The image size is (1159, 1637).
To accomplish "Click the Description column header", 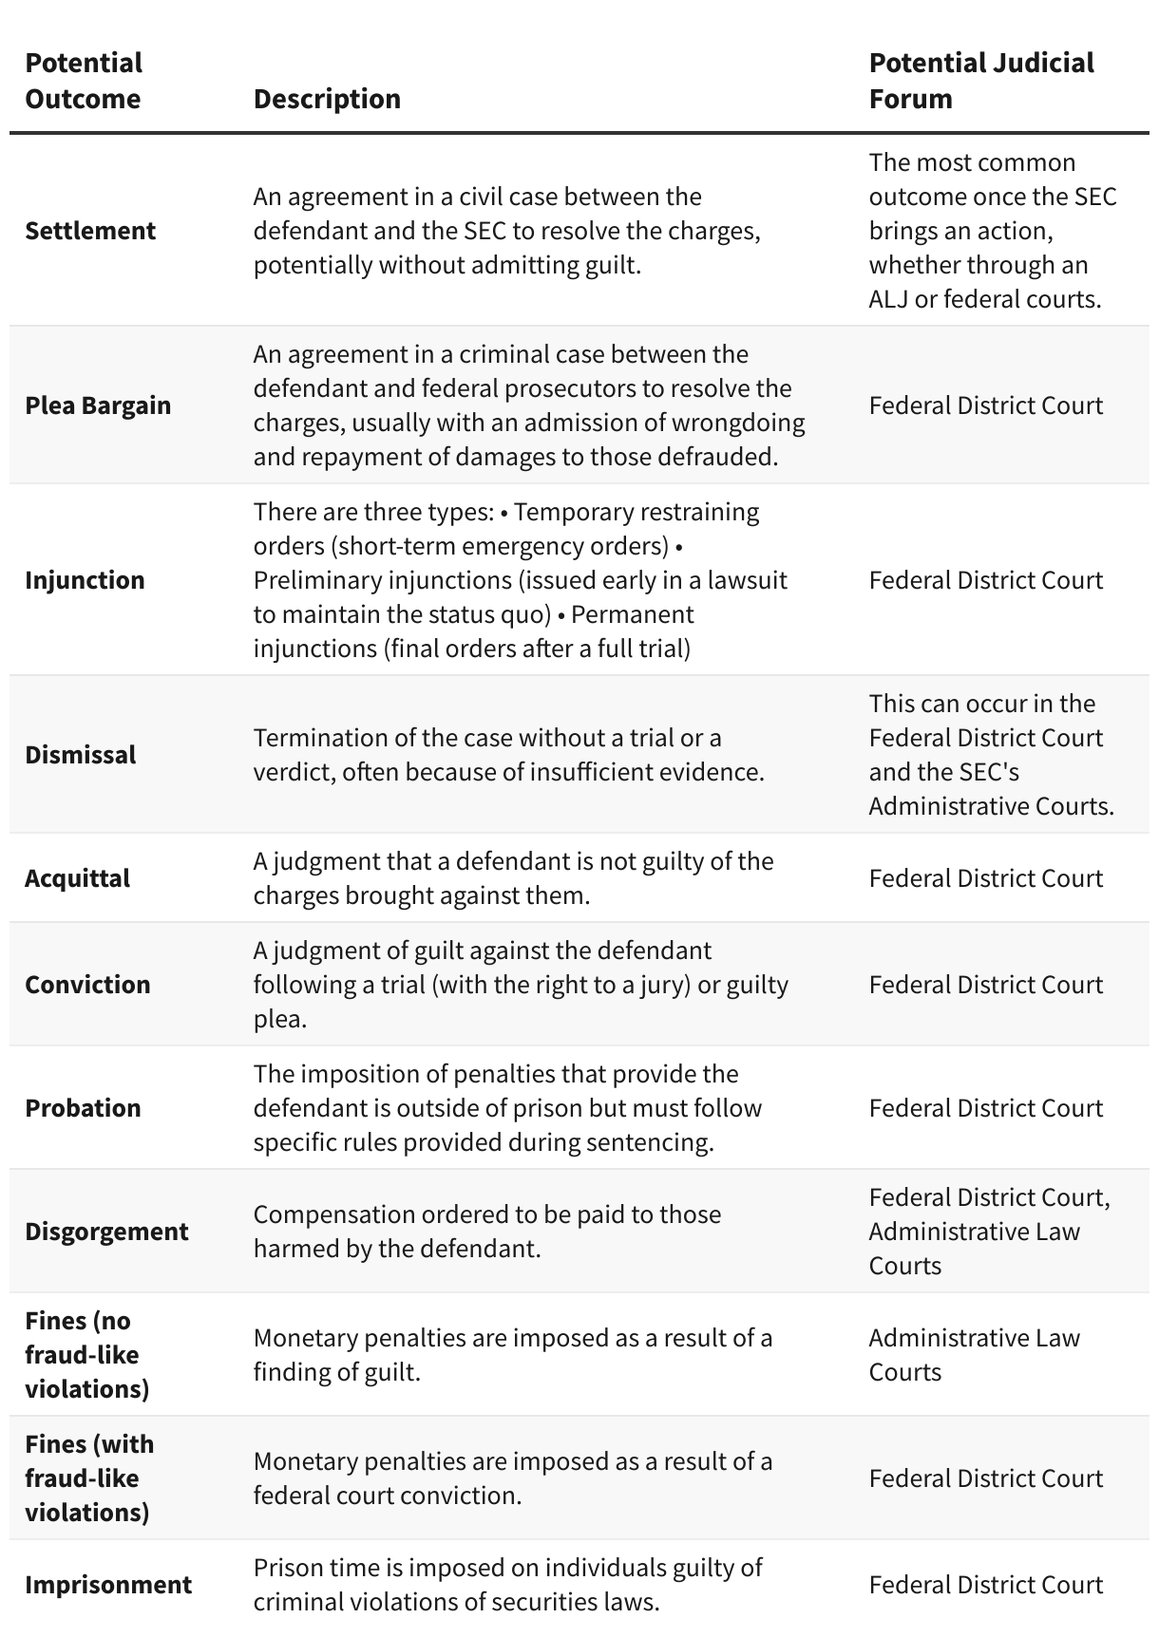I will click(327, 99).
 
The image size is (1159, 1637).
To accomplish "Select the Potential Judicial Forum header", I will click(980, 81).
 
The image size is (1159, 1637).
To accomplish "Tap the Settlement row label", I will click(90, 231).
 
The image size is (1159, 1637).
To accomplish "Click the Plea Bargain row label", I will click(98, 405).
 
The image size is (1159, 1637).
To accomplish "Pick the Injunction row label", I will click(85, 580).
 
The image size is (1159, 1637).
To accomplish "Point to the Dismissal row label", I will click(81, 755).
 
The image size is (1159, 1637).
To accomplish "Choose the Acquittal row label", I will click(77, 878).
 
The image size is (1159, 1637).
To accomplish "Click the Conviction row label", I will click(87, 985).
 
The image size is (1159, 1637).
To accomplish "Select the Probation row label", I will click(83, 1108).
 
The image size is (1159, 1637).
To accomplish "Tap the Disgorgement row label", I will click(106, 1232).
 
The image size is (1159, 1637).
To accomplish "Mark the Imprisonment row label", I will click(108, 1585).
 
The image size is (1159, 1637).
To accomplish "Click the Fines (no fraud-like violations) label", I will click(87, 1355).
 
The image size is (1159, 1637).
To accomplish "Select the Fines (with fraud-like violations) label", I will click(89, 1478).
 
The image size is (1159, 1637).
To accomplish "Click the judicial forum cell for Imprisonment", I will click(985, 1585).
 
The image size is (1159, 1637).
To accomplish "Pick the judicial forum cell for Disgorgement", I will click(988, 1232).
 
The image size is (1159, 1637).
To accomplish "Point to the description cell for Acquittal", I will click(513, 878).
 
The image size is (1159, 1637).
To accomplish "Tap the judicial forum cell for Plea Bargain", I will click(985, 405).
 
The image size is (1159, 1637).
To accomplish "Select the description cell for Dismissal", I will click(508, 755).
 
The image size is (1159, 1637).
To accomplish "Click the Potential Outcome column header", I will click(84, 81).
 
